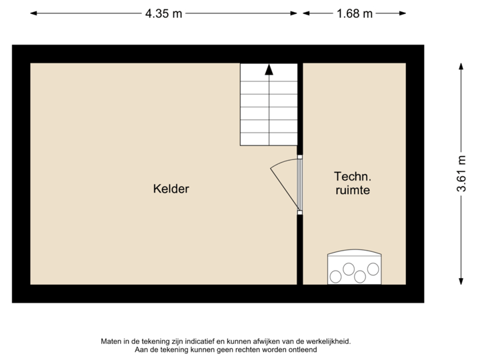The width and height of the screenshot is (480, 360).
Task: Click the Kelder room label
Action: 171,189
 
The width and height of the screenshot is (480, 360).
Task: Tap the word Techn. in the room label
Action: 351,177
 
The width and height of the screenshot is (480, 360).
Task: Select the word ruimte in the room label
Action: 351,191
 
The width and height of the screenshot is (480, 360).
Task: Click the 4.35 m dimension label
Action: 164,13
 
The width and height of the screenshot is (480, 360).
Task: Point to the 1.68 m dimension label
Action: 354,13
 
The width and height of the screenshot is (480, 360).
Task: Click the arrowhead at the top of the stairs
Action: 268,68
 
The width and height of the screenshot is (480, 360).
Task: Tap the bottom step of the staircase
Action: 268,138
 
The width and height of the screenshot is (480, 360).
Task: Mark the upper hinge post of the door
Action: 300,157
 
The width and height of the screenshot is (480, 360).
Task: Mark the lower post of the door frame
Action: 300,213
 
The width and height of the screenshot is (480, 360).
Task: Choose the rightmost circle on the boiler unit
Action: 373,269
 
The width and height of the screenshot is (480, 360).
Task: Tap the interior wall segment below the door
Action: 300,249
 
